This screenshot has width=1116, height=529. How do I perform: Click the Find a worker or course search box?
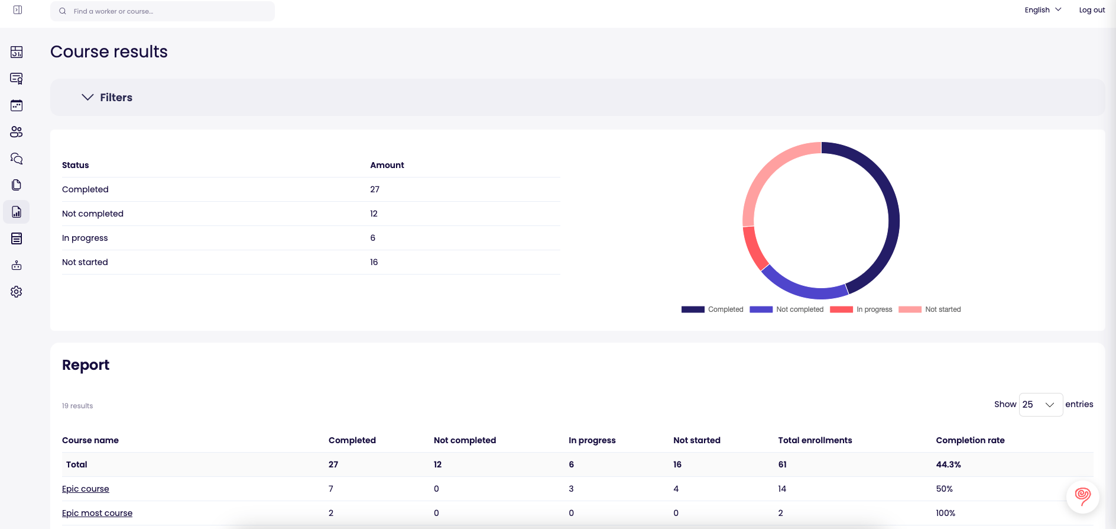(x=163, y=11)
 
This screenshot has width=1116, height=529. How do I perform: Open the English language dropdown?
(x=1043, y=10)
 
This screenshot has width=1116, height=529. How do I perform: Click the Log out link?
(x=1092, y=10)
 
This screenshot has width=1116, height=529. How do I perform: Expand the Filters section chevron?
(x=87, y=97)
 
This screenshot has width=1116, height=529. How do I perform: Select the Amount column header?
(x=387, y=165)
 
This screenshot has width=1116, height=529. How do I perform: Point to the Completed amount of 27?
(x=375, y=189)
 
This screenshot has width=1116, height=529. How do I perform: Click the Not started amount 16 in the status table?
(x=374, y=262)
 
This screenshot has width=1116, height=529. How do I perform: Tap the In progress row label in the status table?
(x=85, y=238)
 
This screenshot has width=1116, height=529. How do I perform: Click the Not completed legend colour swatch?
(x=761, y=309)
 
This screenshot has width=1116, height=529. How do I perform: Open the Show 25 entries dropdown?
(x=1040, y=405)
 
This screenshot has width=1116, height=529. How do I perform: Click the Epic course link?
(x=86, y=489)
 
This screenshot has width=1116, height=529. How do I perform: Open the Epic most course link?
(x=97, y=513)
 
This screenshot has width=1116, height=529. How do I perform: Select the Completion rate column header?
(x=970, y=440)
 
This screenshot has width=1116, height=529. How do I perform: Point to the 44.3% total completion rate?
(x=948, y=465)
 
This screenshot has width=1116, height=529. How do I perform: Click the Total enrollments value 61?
(x=782, y=465)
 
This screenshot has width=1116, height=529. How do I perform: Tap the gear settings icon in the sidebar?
(x=17, y=292)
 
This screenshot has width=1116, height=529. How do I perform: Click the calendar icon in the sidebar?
(x=17, y=105)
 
